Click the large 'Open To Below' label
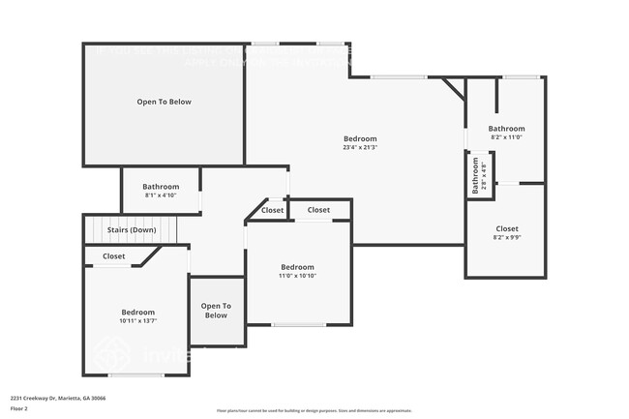tap(163, 102)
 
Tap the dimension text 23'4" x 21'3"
tap(359, 148)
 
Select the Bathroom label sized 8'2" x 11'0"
tap(506, 129)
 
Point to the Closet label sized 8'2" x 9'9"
tap(506, 229)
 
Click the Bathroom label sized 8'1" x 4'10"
tap(161, 187)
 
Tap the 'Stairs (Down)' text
tap(131, 230)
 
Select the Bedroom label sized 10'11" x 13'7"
tap(137, 313)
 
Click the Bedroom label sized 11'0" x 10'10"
tap(297, 267)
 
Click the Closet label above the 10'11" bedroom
tap(113, 256)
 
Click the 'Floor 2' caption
tap(20, 408)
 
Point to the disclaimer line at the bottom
tap(314, 411)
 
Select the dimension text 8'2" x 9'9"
tap(506, 237)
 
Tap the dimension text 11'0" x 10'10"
tap(297, 276)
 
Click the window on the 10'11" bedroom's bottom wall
tap(135, 375)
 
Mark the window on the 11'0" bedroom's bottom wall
tap(298, 324)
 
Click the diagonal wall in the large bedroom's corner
tap(454, 90)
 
